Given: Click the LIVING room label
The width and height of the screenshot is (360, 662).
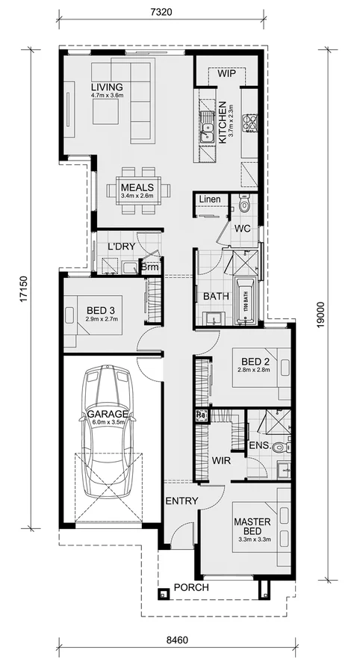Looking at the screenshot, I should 107,87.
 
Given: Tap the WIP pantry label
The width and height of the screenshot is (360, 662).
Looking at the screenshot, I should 227,74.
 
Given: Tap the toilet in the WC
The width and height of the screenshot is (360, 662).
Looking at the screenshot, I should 244,204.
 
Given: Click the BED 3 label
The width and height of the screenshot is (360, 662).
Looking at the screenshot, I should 99,310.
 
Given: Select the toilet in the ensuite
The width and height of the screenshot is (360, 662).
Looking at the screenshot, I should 278,448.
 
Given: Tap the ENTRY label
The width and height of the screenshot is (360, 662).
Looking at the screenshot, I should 180,501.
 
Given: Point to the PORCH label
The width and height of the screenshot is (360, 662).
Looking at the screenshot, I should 191,587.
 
